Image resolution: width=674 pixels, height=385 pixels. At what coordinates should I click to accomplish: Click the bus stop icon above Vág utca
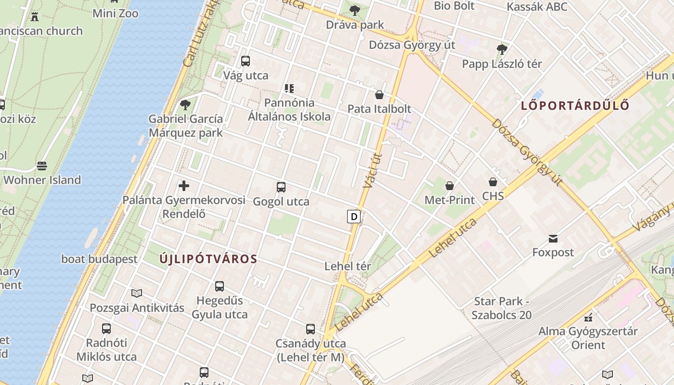246,61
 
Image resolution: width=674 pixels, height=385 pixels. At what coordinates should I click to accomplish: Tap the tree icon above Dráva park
355,10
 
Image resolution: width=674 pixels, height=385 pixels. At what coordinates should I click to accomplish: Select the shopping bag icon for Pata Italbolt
379,95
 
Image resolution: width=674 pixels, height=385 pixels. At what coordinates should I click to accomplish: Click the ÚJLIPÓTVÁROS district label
208,259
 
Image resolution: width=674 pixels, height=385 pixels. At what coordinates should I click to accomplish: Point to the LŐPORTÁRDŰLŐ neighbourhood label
575,106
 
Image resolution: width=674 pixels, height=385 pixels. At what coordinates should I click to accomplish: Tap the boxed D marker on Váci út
354,217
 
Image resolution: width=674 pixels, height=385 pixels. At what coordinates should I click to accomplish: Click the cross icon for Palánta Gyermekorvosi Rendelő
183,186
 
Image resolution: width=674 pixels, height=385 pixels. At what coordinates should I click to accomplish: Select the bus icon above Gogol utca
281,187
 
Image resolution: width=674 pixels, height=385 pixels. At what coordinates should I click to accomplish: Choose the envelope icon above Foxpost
553,238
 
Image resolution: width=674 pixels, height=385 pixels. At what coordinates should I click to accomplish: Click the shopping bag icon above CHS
493,182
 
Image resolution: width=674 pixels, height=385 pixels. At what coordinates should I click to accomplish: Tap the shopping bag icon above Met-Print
450,186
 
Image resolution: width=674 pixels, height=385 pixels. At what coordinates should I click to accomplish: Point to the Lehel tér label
348,266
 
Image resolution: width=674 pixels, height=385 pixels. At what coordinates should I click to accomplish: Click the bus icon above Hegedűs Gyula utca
220,286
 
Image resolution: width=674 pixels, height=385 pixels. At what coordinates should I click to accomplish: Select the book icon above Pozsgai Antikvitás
137,293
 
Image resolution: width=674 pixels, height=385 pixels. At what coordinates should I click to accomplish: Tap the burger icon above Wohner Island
42,166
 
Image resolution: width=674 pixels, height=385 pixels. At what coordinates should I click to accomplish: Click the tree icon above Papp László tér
502,49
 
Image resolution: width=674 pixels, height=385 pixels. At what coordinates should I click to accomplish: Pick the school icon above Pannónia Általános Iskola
289,89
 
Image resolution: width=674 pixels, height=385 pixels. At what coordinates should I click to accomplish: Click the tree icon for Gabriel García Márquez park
185,104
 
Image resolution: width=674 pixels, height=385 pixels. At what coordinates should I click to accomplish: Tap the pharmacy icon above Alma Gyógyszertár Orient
588,318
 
